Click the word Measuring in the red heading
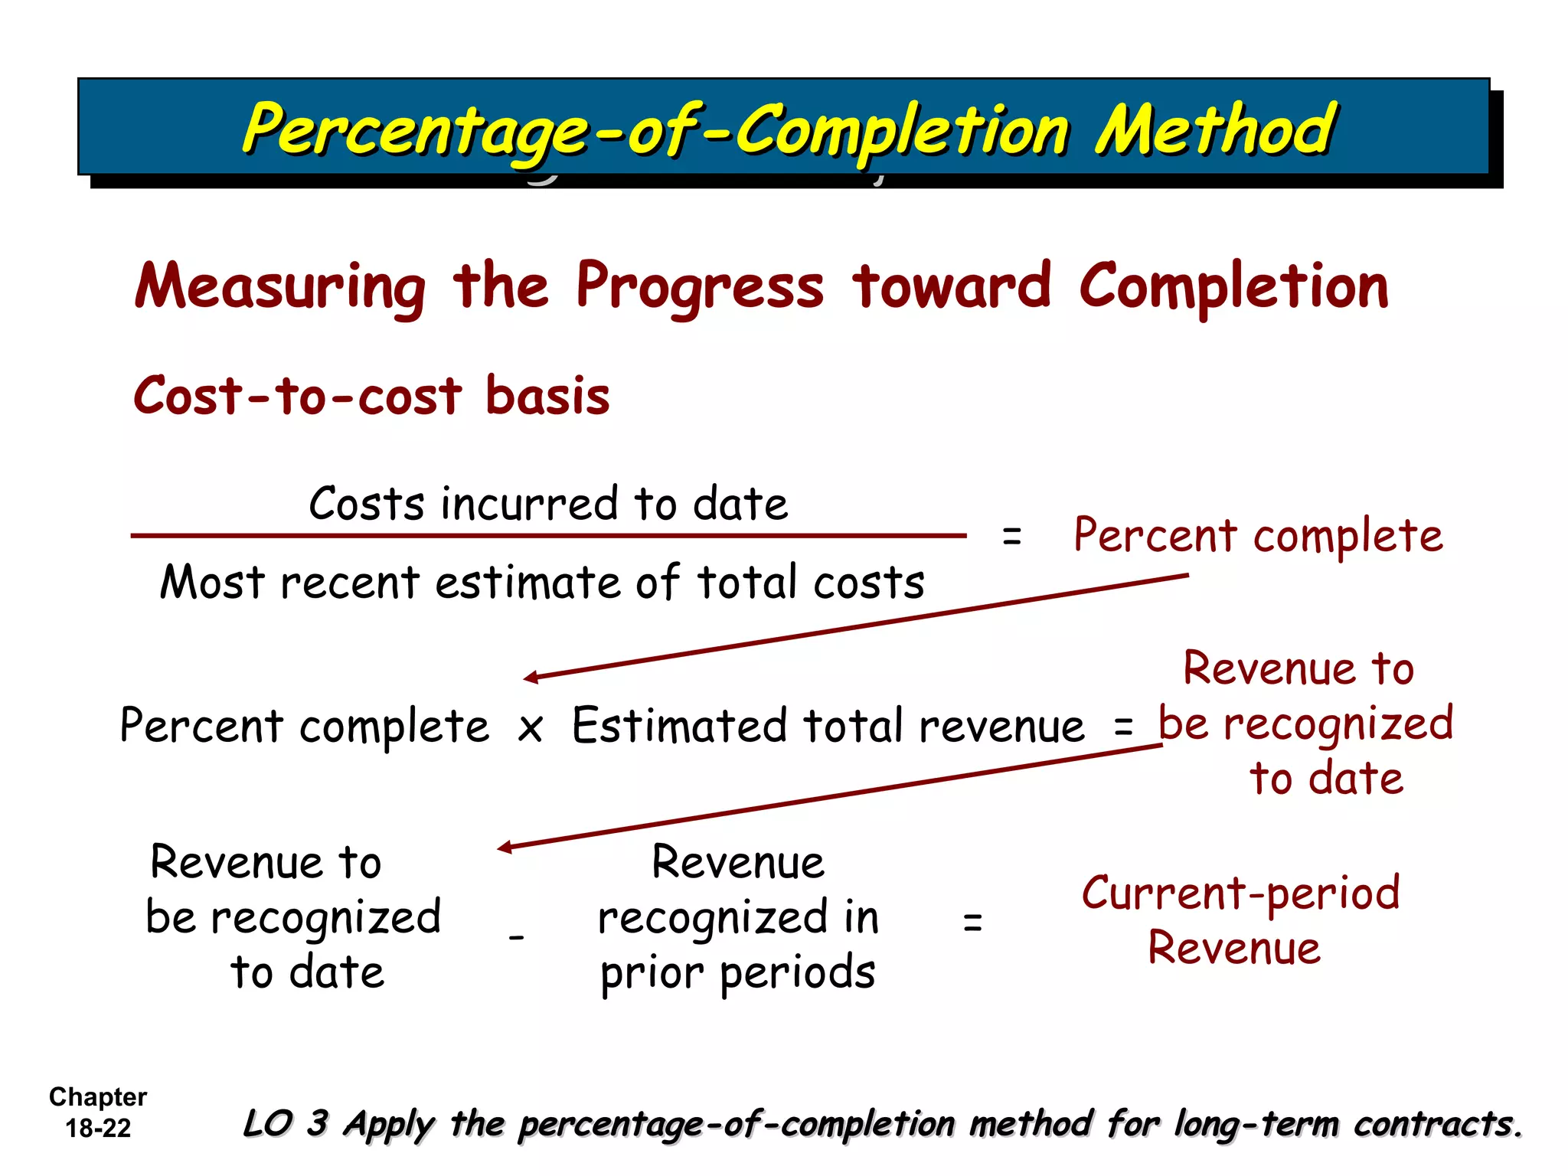click(x=280, y=286)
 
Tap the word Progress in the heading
click(x=700, y=286)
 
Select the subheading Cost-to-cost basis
click(x=372, y=396)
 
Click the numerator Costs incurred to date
click(x=548, y=504)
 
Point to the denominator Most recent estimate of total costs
click(x=542, y=582)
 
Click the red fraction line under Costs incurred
click(x=548, y=536)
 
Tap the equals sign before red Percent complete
click(x=1011, y=537)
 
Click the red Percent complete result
click(x=1258, y=535)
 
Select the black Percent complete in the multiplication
click(x=305, y=726)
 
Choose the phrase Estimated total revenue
click(x=828, y=726)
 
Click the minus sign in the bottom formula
click(x=517, y=937)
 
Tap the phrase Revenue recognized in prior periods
click(x=738, y=917)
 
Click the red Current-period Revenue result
click(x=1240, y=920)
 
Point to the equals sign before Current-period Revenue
click(x=972, y=922)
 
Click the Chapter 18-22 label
click(x=98, y=1112)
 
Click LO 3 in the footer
click(x=286, y=1123)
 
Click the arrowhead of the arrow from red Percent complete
click(x=530, y=678)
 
